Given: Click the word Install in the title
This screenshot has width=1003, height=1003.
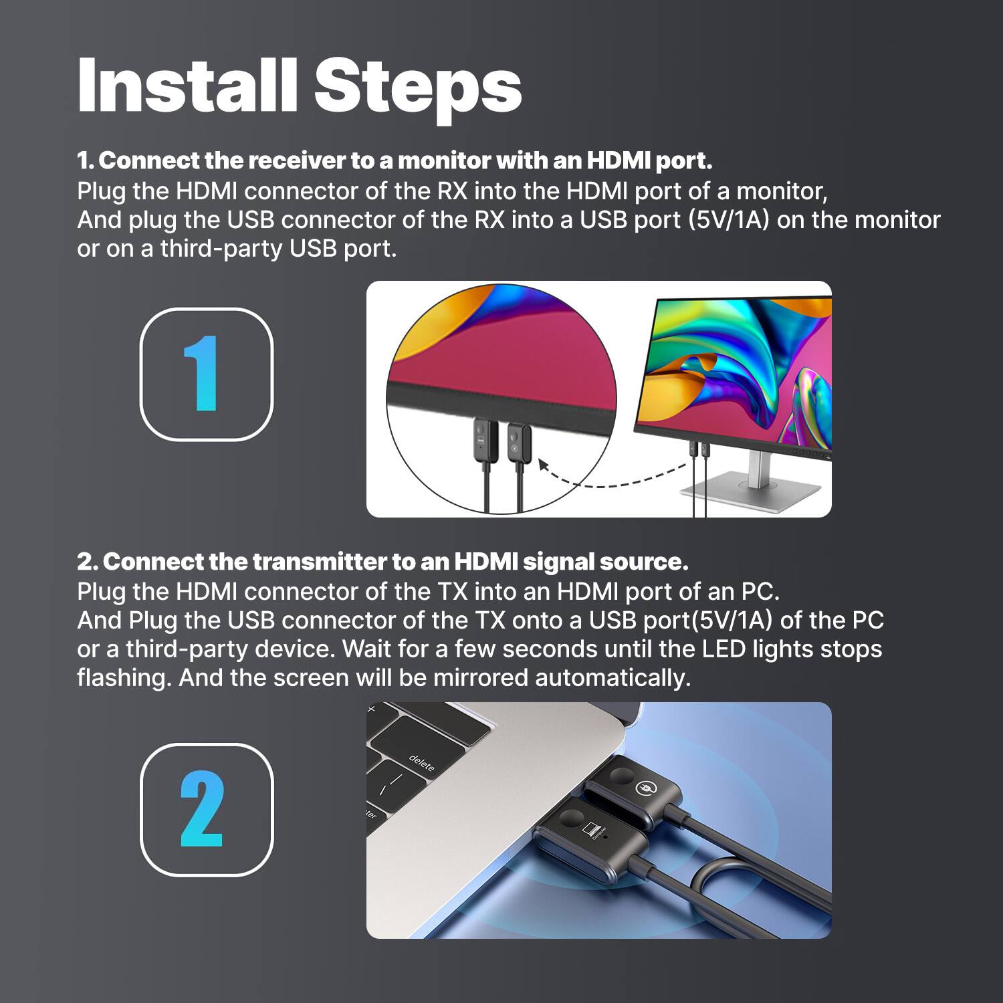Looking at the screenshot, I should click(187, 86).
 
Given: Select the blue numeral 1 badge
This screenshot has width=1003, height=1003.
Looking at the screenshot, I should click(206, 374).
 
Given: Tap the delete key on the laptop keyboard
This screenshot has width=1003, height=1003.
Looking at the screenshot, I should click(422, 763).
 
